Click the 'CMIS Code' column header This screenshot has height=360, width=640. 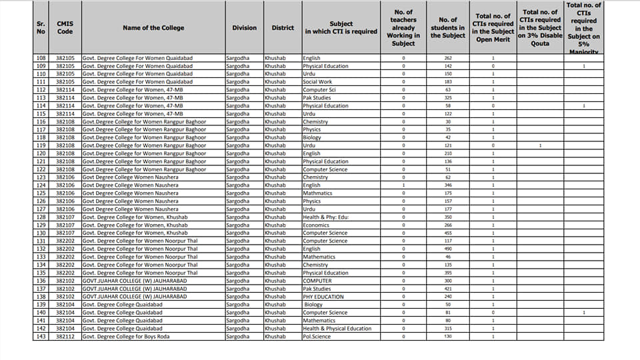click(65, 27)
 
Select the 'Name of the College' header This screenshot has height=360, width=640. click(153, 27)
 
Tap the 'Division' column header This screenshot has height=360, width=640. click(244, 27)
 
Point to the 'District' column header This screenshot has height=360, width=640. click(283, 27)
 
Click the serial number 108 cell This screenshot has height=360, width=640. click(41, 58)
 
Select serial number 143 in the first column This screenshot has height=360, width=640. click(41, 337)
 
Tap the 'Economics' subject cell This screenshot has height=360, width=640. click(316, 225)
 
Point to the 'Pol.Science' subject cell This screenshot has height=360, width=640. click(317, 337)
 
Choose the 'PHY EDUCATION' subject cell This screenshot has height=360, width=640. click(323, 297)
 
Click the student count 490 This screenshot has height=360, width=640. click(447, 249)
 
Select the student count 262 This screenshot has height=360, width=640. click(447, 58)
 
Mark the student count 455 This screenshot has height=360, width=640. click(447, 233)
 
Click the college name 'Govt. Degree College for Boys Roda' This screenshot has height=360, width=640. click(126, 337)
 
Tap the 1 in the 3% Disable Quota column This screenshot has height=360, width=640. click(540, 145)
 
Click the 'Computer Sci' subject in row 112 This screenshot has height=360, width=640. click(319, 89)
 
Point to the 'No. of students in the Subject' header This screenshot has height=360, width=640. click(447, 27)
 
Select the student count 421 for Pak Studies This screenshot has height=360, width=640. click(447, 289)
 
